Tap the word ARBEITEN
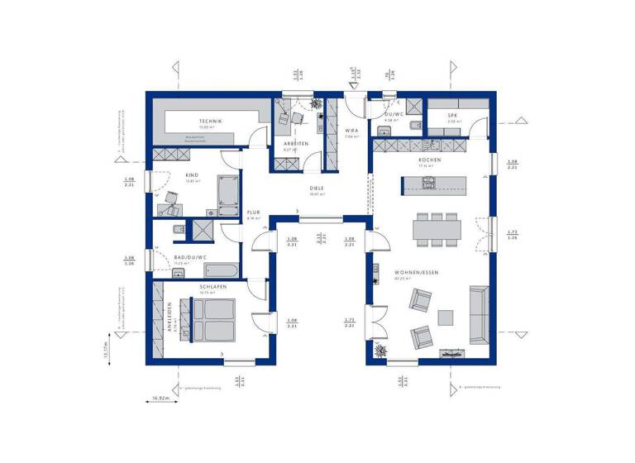click(x=296, y=143)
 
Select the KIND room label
click(x=192, y=175)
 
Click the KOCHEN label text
click(x=429, y=160)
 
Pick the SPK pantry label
click(x=453, y=116)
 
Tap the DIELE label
click(x=317, y=189)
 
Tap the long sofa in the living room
click(x=479, y=315)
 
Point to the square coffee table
click(x=446, y=316)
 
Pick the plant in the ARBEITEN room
click(x=314, y=104)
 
